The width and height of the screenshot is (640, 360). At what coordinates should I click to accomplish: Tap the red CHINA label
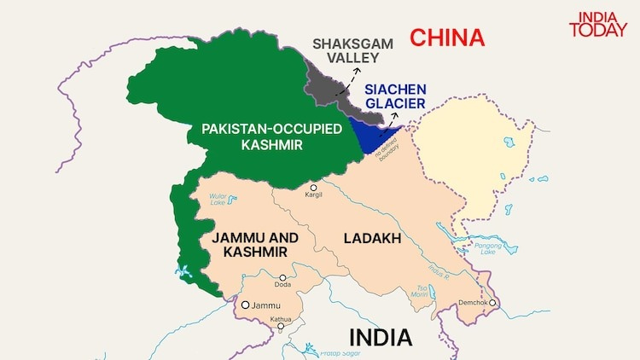[445, 38]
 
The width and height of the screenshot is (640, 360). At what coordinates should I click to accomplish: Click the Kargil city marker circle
[313, 187]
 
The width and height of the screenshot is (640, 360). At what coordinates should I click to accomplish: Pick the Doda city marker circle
[283, 277]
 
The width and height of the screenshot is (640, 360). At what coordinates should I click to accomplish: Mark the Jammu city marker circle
[245, 305]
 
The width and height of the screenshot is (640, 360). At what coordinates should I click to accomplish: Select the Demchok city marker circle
[492, 302]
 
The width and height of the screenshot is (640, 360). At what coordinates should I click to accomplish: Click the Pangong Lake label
[487, 248]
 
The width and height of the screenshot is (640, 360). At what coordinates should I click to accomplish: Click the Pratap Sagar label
[317, 352]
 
